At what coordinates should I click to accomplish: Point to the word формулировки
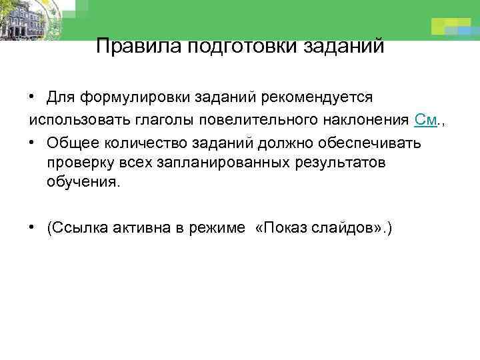(x=133, y=98)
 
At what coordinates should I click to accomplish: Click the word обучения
(x=83, y=183)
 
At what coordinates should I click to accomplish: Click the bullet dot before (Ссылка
(x=31, y=227)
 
